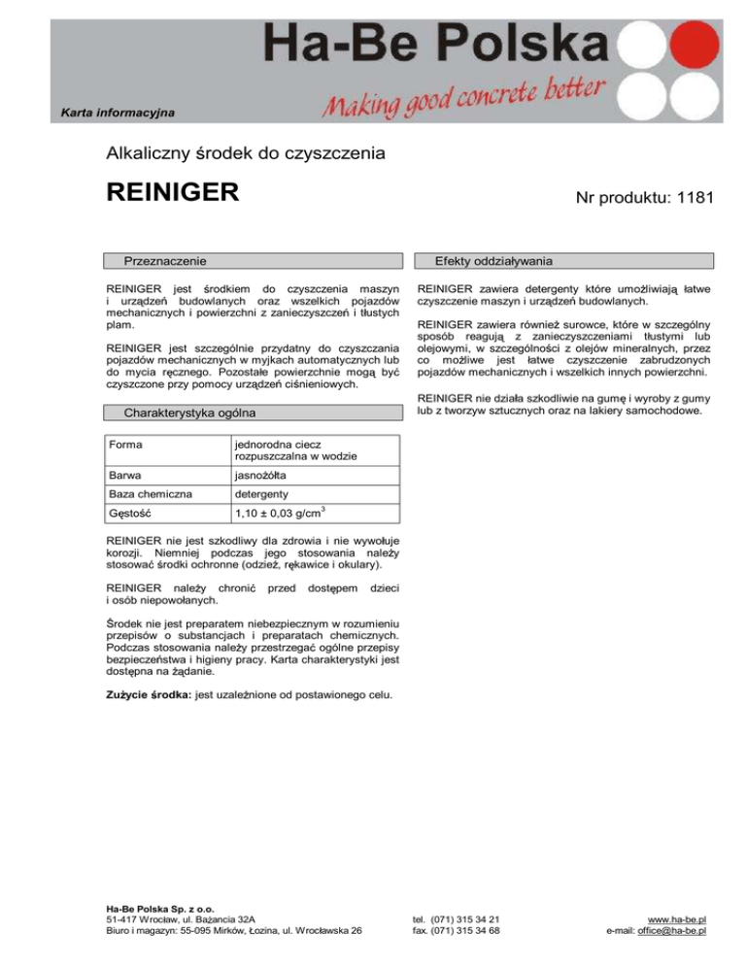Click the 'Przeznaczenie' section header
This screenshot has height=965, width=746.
pyautogui.click(x=163, y=261)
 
